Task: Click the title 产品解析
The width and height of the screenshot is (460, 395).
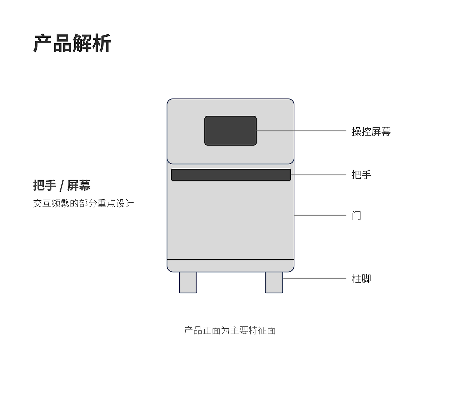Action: [x=72, y=43]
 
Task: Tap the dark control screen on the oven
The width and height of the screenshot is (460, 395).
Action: [x=230, y=130]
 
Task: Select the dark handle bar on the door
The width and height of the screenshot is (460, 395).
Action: [x=231, y=175]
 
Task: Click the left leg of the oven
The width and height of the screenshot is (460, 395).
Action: [x=188, y=282]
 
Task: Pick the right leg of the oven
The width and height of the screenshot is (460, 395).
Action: [x=274, y=282]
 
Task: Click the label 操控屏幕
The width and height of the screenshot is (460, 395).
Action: [x=371, y=132]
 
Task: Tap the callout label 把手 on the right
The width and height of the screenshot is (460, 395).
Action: [x=361, y=175]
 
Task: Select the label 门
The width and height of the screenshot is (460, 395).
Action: [x=356, y=216]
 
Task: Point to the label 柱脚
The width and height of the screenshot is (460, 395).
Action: [x=361, y=279]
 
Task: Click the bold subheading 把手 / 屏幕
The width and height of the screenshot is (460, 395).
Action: [x=62, y=186]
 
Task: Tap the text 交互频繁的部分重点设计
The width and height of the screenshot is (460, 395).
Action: [x=83, y=204]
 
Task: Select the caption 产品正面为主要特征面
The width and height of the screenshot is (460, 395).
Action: [x=230, y=330]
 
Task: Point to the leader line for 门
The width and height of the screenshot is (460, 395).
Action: [x=320, y=215]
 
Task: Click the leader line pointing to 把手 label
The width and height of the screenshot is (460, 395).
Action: [x=319, y=175]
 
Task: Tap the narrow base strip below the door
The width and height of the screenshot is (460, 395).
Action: [x=230, y=266]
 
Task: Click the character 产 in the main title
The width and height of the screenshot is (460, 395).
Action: [x=43, y=43]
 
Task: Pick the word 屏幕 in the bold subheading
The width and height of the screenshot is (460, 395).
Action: [x=79, y=186]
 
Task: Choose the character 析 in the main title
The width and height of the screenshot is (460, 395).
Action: [x=102, y=43]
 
